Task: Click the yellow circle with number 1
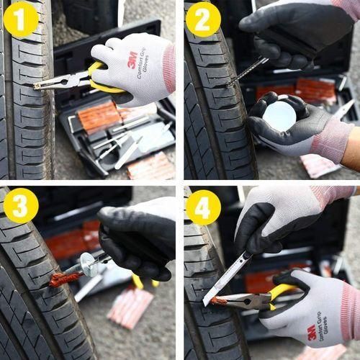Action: [20, 19]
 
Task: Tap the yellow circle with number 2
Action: [203, 19]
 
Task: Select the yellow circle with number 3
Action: [20, 205]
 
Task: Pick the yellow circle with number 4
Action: [203, 207]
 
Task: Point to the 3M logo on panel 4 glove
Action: [312, 333]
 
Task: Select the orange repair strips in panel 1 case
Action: [99, 115]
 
